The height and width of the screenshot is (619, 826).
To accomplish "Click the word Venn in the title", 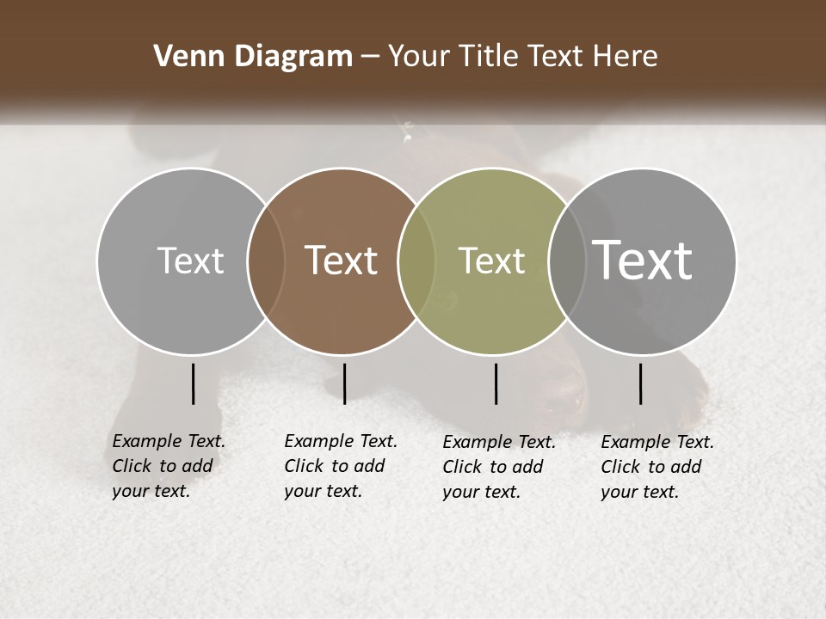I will (182, 57).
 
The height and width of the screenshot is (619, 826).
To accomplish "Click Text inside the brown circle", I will (342, 260).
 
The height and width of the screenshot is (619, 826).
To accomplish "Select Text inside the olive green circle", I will (491, 260).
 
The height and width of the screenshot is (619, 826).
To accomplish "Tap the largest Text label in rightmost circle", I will (643, 260).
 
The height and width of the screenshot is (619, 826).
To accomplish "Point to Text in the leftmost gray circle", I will (190, 260).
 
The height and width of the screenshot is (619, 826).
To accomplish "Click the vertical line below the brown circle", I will (344, 383).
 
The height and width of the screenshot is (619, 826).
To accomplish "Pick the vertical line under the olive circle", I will (496, 383).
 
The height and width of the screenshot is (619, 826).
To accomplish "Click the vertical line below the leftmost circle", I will (193, 383).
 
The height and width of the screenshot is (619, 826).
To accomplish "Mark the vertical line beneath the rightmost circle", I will (641, 383).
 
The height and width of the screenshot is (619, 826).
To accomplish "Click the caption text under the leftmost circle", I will (168, 466).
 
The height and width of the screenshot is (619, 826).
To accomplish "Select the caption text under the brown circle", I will (340, 466).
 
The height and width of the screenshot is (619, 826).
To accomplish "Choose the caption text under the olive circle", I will (498, 467).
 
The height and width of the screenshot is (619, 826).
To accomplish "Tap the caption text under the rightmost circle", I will (656, 467).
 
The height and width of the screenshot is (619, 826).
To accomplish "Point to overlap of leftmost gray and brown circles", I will (267, 260).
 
